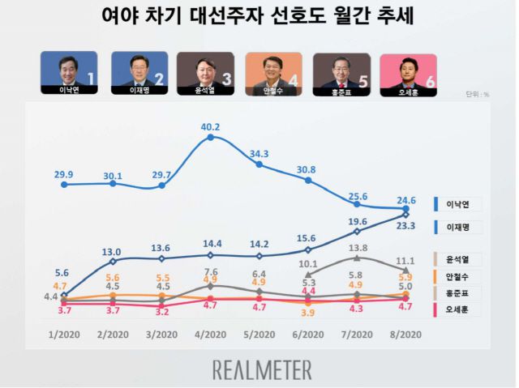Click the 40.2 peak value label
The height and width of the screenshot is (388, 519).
211,126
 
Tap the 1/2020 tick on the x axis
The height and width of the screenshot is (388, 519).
63,335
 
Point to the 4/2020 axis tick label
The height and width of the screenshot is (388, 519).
211,335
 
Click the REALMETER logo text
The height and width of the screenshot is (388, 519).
262,370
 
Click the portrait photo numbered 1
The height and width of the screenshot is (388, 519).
69,70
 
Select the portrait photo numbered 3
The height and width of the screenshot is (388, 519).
205,70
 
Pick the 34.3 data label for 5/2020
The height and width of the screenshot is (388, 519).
260,154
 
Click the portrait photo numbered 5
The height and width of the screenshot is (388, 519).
341,70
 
